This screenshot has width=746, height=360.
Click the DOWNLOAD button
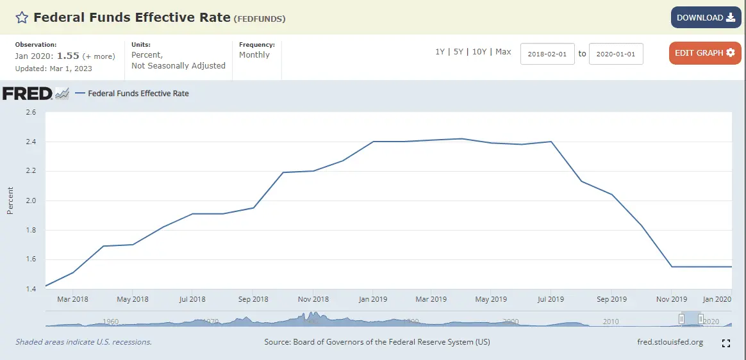pos(706,18)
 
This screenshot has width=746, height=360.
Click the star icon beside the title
pos(22,18)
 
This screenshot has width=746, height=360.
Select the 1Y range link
pos(440,52)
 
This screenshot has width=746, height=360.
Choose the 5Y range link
pos(458,52)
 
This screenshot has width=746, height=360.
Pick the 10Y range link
pos(479,52)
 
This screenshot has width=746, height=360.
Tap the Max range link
pos(503,52)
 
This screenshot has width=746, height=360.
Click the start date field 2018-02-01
pos(547,54)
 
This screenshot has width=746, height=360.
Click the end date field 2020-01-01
pos(616,54)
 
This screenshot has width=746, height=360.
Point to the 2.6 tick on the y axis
pos(30,112)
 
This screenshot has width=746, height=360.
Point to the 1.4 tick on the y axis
pos(30,289)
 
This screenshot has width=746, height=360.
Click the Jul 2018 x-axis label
pos(192,299)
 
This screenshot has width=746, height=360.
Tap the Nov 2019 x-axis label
pos(671,299)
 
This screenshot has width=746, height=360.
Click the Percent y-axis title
pos(10,200)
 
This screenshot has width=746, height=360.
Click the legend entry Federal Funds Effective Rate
pos(138,94)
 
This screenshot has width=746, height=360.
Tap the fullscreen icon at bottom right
pos(726,343)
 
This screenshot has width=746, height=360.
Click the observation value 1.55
pos(67,56)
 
